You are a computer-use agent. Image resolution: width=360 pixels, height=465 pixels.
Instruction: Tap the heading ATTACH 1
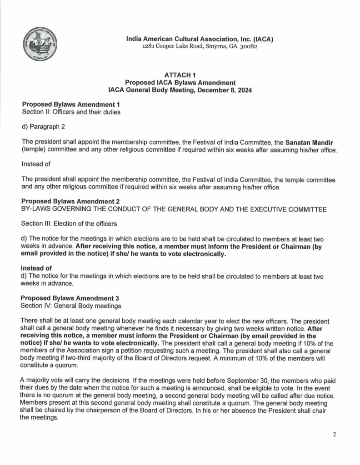[180, 75]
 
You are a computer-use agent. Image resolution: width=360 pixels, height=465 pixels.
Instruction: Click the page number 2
[334, 435]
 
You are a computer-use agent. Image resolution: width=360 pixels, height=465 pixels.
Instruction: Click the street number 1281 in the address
[150, 47]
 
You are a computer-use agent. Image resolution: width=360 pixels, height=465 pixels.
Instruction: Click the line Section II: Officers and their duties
[71, 112]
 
